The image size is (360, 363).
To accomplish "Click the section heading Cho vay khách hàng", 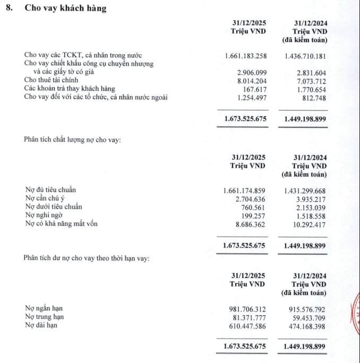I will tap(65, 9).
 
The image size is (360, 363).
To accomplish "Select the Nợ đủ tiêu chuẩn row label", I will tap(55, 189).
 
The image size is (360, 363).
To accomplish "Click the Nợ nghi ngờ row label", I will tap(47, 215).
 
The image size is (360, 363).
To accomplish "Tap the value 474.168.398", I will tap(304, 325).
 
